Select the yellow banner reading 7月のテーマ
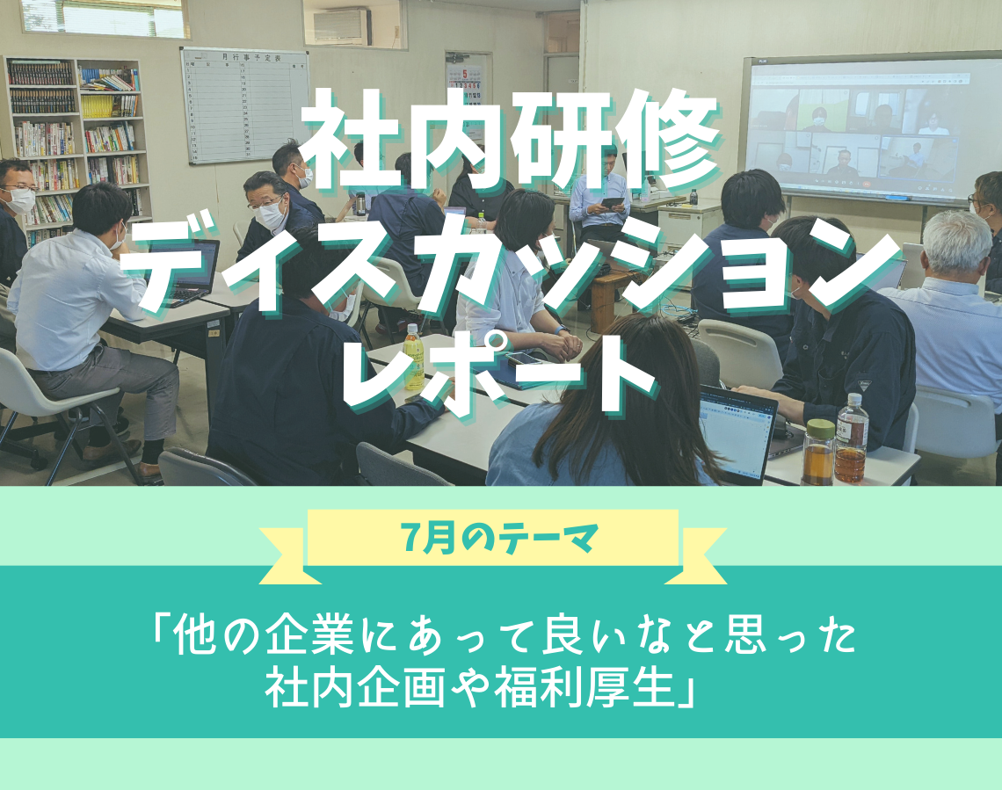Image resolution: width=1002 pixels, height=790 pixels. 493,538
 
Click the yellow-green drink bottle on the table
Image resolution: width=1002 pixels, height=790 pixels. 413,357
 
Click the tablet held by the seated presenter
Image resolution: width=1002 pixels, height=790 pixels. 613,203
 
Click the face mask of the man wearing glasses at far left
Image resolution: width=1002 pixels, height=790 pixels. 21,199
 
